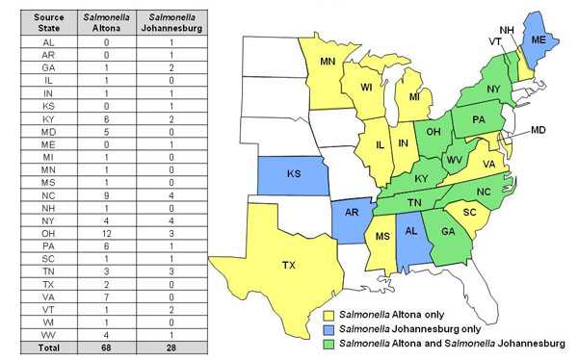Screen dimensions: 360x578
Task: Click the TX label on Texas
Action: pos(288,265)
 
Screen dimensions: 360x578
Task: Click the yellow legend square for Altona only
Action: pos(328,315)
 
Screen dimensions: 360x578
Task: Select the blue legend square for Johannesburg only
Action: pos(328,328)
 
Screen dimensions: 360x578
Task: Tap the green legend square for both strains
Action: pos(328,342)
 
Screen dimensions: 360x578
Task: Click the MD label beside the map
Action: pos(539,130)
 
